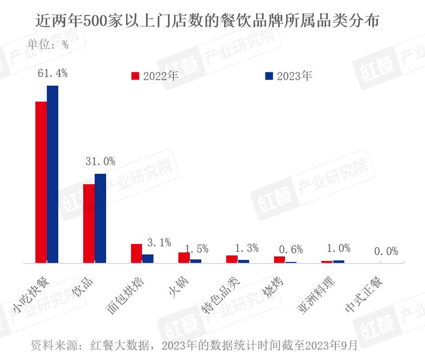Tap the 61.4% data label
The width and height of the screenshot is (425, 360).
click(53, 73)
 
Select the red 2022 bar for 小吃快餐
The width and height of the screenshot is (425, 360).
click(41, 182)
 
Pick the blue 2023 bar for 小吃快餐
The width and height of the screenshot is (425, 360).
click(52, 174)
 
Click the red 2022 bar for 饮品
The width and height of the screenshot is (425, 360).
click(89, 223)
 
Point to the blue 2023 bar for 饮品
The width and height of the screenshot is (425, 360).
click(100, 218)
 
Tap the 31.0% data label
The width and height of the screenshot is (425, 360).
click(100, 161)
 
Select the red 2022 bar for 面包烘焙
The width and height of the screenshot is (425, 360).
click(137, 253)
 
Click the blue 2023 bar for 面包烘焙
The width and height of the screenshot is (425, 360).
click(148, 258)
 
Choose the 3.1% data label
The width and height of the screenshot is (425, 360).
click(159, 243)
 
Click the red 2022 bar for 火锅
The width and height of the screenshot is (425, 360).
click(184, 257)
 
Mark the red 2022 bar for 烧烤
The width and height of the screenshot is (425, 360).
click(280, 259)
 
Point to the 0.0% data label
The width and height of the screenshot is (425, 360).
click(386, 252)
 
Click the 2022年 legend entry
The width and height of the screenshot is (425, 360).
click(154, 76)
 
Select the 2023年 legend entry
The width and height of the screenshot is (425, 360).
click(288, 76)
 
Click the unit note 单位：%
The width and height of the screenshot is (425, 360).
click(48, 45)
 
